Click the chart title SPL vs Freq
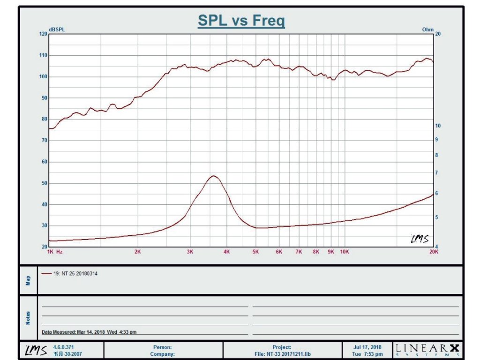[x=241, y=21]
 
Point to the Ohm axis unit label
[x=427, y=30]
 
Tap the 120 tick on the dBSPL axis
[x=43, y=34]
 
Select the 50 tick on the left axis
[x=44, y=183]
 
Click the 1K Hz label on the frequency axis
[x=55, y=252]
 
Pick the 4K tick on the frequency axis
[x=226, y=252]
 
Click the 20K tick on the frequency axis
[x=434, y=252]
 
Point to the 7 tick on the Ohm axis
[x=436, y=173]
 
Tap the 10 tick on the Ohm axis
[x=438, y=126]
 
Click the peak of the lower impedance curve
[x=213, y=176]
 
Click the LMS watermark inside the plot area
[x=420, y=239]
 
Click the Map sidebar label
[x=28, y=280]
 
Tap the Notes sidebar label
[x=28, y=318]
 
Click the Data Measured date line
[x=89, y=332]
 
